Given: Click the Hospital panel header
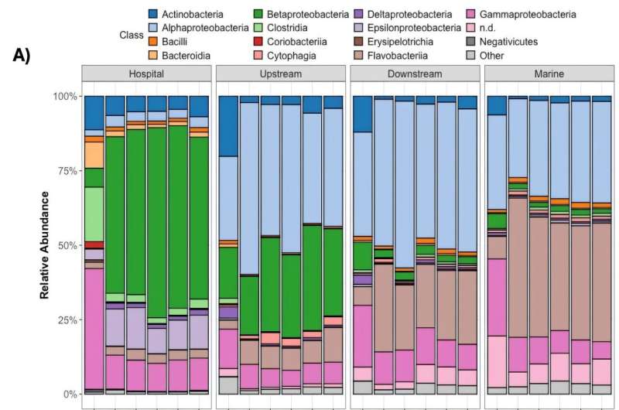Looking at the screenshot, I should tap(146, 74).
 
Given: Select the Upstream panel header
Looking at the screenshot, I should tap(280, 74).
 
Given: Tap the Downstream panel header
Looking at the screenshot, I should tap(414, 74).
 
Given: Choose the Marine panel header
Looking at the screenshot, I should tap(548, 74).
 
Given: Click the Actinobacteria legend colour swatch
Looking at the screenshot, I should tap(155, 15).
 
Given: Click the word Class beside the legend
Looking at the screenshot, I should tap(132, 35).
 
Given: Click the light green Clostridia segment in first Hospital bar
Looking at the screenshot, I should tap(94, 214).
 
